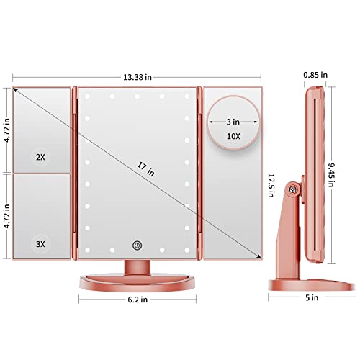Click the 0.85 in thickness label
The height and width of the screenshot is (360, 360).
coord(315,73)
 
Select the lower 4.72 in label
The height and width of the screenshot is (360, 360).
coord(6,214)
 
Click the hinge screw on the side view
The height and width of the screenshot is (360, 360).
coord(293,190)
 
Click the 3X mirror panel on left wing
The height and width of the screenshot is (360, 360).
coord(42,216)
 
